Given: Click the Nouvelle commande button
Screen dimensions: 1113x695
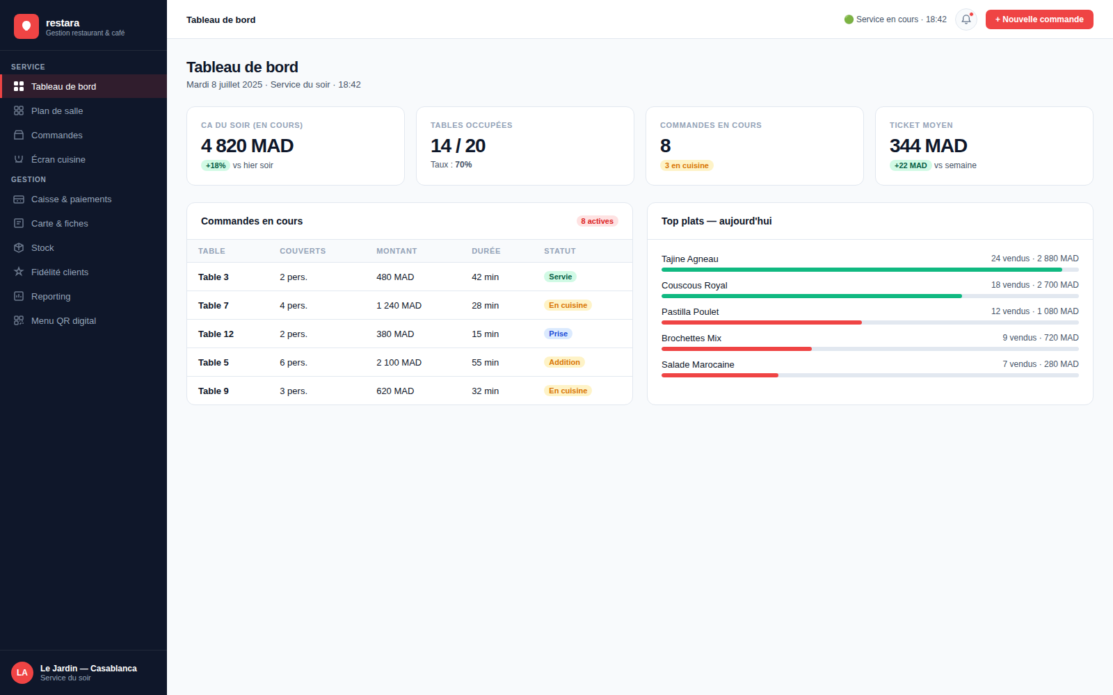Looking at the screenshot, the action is click(1039, 19).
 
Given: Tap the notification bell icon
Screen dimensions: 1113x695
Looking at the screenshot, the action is click(966, 19).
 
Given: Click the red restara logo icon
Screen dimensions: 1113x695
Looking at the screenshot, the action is click(26, 26).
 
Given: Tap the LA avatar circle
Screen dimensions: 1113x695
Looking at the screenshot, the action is click(22, 673).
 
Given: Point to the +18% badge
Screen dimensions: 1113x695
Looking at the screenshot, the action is click(215, 165).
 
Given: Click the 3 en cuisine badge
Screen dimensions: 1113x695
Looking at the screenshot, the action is click(686, 165).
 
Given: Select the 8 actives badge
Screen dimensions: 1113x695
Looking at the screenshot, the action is click(597, 221).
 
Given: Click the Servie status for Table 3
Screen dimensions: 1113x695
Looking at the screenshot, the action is click(560, 277).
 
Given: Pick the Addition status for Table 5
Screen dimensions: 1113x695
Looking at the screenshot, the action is click(564, 362).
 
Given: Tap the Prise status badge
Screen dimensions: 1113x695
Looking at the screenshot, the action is click(558, 334).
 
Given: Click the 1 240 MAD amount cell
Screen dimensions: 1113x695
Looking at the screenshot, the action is click(399, 305).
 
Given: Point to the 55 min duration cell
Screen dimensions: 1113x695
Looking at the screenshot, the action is click(485, 362).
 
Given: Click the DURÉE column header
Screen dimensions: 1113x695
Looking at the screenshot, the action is click(486, 251).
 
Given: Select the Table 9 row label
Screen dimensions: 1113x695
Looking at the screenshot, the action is click(213, 391).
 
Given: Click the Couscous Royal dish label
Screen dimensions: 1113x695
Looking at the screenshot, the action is click(694, 286).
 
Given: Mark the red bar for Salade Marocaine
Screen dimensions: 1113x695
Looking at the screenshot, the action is click(719, 375).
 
